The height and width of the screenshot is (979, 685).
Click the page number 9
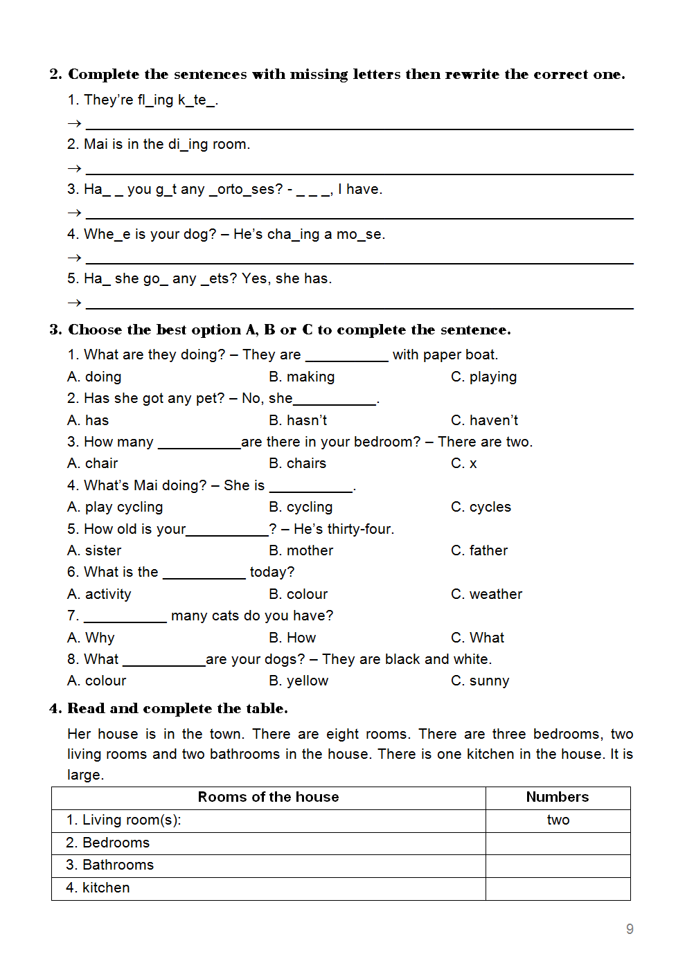point(630,929)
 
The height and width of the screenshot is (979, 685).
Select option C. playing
point(483,377)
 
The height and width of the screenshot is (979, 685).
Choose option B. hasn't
point(298,420)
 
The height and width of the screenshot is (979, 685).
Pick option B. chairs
point(297,463)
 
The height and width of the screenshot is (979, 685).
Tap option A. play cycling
point(115,507)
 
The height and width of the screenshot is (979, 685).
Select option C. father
point(479,550)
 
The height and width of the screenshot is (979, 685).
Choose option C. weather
point(486,594)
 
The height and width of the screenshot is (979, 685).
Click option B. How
point(292,638)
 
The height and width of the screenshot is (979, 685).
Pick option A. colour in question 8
point(97,681)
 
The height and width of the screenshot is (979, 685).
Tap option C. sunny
point(480,681)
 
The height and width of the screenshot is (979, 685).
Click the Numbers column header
point(558,797)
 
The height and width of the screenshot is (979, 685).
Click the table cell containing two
point(558,820)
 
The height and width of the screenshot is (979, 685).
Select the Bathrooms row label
point(110,865)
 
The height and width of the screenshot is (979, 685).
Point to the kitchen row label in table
point(98,888)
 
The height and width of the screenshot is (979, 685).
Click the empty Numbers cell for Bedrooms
point(558,843)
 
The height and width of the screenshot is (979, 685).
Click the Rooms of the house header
point(269,797)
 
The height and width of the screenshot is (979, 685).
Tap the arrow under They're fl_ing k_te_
point(74,123)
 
